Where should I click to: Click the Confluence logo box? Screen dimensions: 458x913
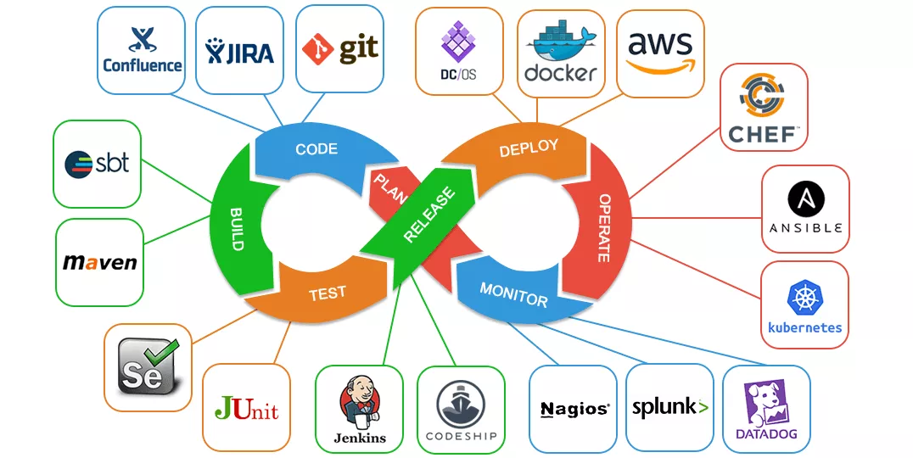(141, 50)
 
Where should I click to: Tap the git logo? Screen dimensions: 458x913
(339, 49)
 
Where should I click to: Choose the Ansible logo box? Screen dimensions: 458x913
(804, 209)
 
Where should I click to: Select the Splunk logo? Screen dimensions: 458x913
(669, 408)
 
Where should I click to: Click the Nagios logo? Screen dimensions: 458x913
(574, 409)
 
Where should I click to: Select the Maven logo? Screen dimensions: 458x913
(99, 262)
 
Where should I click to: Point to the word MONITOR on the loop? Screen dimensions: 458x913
(513, 294)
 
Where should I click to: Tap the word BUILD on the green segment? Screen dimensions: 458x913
(237, 227)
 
